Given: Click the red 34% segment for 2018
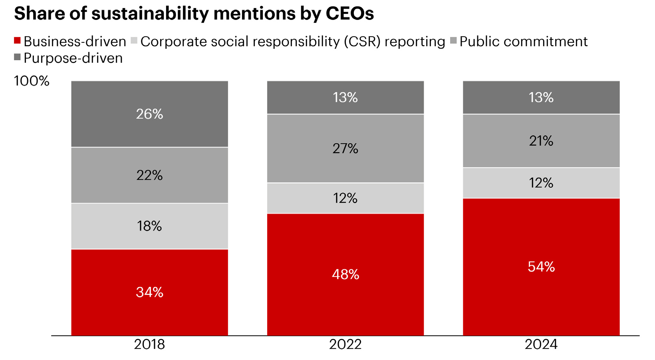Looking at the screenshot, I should [149, 292].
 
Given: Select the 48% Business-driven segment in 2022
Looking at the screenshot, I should [345, 275].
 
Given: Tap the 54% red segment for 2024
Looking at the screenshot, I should [541, 267].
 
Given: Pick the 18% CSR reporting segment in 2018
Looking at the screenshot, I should [149, 226].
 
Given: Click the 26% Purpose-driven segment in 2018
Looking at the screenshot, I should [149, 114].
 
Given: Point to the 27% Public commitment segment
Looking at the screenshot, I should [345, 148].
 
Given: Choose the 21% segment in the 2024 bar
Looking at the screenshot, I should [541, 141].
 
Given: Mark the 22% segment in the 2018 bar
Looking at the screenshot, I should [149, 175].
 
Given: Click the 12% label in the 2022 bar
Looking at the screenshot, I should [345, 198].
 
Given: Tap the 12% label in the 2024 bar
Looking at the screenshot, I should [541, 183].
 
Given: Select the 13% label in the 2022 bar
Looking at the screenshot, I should [345, 97].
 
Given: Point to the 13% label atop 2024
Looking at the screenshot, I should [541, 97].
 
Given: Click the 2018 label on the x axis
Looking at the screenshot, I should [149, 344].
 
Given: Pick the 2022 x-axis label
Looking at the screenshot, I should [345, 344].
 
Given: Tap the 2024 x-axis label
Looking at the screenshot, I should [541, 344].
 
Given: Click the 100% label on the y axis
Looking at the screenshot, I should [32, 81].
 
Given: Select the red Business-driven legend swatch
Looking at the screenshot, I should [17, 41].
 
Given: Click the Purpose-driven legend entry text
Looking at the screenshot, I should [73, 58].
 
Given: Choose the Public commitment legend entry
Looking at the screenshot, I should [523, 42].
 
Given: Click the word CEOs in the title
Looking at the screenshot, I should [349, 14].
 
